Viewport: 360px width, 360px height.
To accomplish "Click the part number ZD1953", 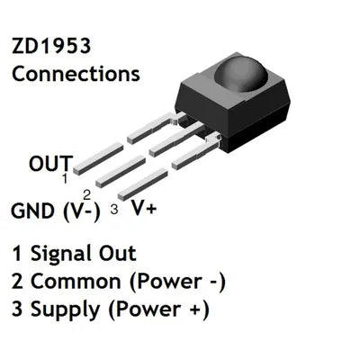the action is (x=51, y=46).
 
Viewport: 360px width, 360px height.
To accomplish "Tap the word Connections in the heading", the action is (x=76, y=74).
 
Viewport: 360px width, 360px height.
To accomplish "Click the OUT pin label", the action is (x=51, y=164).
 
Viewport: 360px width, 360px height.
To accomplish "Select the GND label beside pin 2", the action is (x=31, y=211).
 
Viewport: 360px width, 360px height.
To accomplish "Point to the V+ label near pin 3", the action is (x=144, y=207).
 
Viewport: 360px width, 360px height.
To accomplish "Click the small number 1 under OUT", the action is (x=65, y=178).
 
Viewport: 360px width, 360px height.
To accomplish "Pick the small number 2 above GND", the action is (x=86, y=195).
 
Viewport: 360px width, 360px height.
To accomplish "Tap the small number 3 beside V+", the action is (x=114, y=209).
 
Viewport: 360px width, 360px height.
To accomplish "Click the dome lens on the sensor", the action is (x=241, y=73).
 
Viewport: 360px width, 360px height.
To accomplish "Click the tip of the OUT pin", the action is (x=76, y=169).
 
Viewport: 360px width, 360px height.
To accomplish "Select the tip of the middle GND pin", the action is (x=99, y=183).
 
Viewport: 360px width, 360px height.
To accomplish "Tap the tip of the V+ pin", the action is (x=121, y=196).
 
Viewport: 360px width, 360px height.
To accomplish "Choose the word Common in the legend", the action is (x=76, y=282).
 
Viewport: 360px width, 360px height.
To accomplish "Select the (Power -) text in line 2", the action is (x=177, y=282).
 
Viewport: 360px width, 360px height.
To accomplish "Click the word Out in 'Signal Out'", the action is (x=118, y=254).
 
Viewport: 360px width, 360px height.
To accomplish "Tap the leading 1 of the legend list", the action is (x=17, y=254).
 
